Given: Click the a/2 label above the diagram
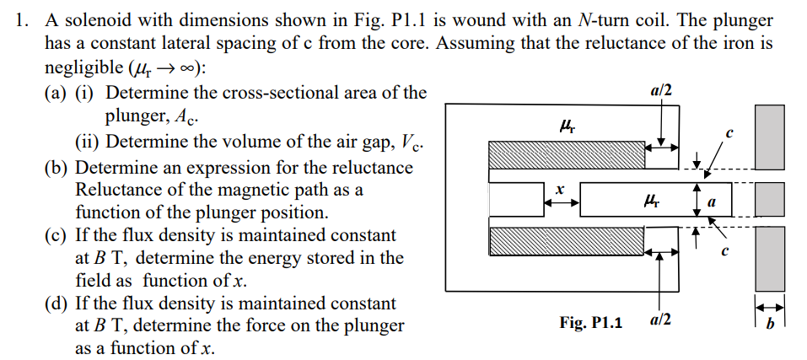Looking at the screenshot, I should pyautogui.click(x=661, y=89).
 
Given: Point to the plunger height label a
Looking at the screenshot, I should pyautogui.click(x=712, y=202).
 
